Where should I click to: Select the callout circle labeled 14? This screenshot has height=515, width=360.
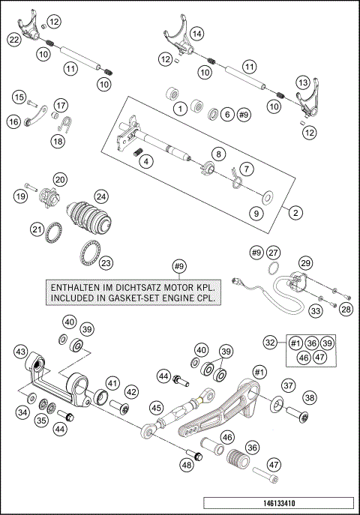click(196, 34)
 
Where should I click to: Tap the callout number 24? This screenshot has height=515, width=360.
click(100, 196)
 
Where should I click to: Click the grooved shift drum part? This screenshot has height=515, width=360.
click(90, 217)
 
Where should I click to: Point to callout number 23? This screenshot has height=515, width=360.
click(106, 262)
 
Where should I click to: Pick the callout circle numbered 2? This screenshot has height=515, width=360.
click(295, 213)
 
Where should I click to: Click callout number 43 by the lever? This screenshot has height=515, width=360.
click(20, 352)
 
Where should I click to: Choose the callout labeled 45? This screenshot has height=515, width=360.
click(155, 408)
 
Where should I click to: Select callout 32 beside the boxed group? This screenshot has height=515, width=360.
click(270, 342)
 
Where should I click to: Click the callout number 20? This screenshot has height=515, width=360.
click(60, 179)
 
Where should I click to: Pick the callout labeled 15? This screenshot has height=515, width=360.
click(18, 97)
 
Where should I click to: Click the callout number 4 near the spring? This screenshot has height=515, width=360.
click(147, 160)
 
